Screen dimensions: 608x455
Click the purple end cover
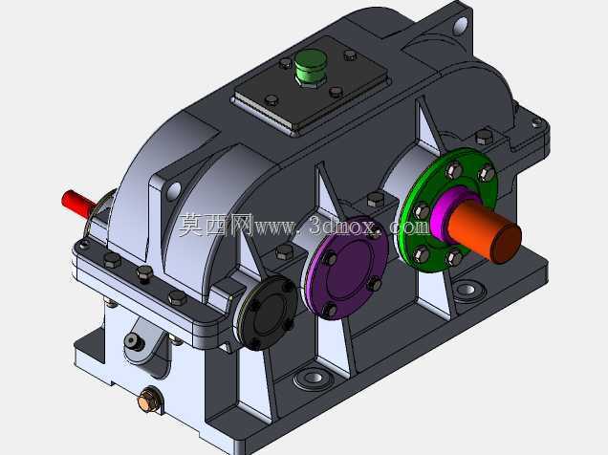tap(346, 268)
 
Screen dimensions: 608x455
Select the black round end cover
tap(268, 312)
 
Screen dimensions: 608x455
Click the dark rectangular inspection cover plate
tap(310, 85)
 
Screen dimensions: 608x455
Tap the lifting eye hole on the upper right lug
tap(460, 25)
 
